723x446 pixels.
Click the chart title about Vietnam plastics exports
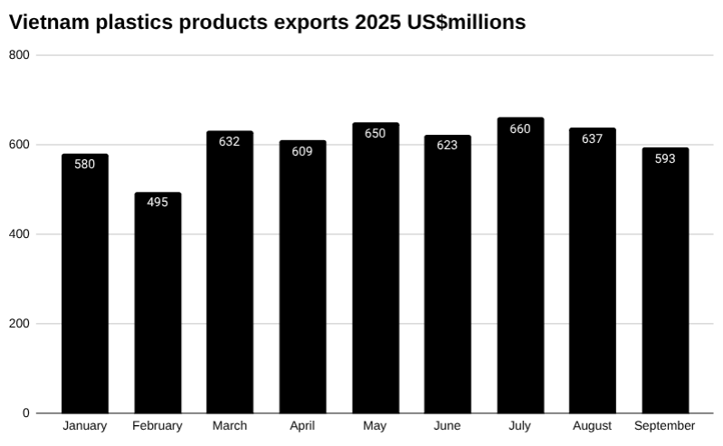click(x=267, y=23)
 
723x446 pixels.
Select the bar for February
click(x=157, y=303)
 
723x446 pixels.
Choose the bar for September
click(x=665, y=280)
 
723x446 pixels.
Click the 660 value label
click(x=520, y=129)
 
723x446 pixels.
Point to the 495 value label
click(x=157, y=203)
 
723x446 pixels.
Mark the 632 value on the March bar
click(x=230, y=141)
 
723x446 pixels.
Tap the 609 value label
click(x=302, y=152)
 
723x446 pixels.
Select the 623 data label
click(x=447, y=145)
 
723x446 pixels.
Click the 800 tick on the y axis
click(x=20, y=55)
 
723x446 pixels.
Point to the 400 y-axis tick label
click(x=20, y=234)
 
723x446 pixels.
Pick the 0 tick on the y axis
click(x=26, y=413)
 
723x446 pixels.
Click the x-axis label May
click(x=375, y=426)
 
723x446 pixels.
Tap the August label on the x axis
click(x=593, y=426)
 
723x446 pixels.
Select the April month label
click(x=302, y=426)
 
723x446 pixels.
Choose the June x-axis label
click(x=447, y=426)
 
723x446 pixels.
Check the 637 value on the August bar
click(x=593, y=139)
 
